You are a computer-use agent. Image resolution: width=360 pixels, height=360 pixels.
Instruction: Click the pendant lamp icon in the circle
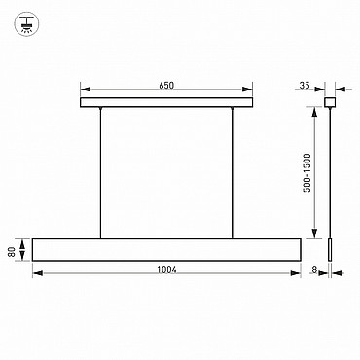click(x=26, y=22)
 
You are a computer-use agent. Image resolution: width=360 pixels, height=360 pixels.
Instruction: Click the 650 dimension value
click(x=166, y=86)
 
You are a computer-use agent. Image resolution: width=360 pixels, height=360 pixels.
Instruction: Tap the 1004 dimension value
click(x=167, y=270)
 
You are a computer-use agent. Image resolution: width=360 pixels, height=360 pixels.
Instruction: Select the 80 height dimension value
click(x=12, y=251)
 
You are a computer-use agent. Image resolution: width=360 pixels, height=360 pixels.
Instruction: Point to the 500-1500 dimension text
click(x=306, y=172)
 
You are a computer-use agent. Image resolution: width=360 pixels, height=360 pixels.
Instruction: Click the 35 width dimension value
click(x=305, y=86)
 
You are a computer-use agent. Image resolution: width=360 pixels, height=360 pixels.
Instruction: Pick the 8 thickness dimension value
click(x=314, y=270)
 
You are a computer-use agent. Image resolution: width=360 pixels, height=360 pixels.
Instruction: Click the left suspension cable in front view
click(x=101, y=173)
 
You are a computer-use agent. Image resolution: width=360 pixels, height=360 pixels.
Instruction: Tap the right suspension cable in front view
click(x=233, y=173)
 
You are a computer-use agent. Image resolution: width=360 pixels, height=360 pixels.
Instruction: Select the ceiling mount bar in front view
click(x=166, y=102)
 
